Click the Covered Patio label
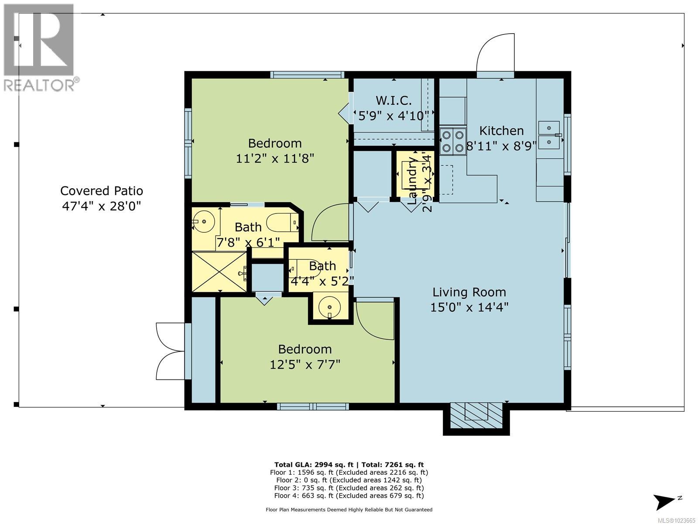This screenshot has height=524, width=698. [x=102, y=191]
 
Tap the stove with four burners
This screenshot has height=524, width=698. [x=452, y=141]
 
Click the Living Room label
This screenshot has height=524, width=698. [x=469, y=292]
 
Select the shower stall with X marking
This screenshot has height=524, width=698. [x=219, y=271]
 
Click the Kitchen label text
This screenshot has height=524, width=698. [x=501, y=131]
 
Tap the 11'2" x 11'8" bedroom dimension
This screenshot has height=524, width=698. [x=275, y=158]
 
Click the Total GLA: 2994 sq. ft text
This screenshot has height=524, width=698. [x=310, y=465]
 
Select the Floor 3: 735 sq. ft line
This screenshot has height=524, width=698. [x=349, y=488]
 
